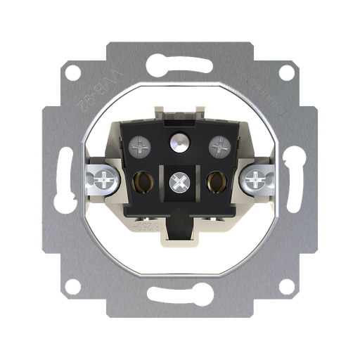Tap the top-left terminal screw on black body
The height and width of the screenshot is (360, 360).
point(139,146)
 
